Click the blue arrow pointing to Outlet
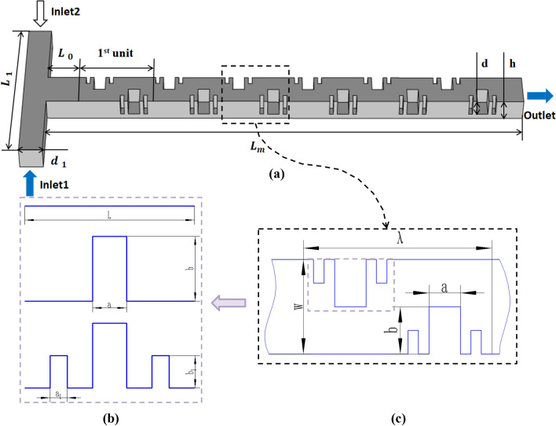tap(541, 95)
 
